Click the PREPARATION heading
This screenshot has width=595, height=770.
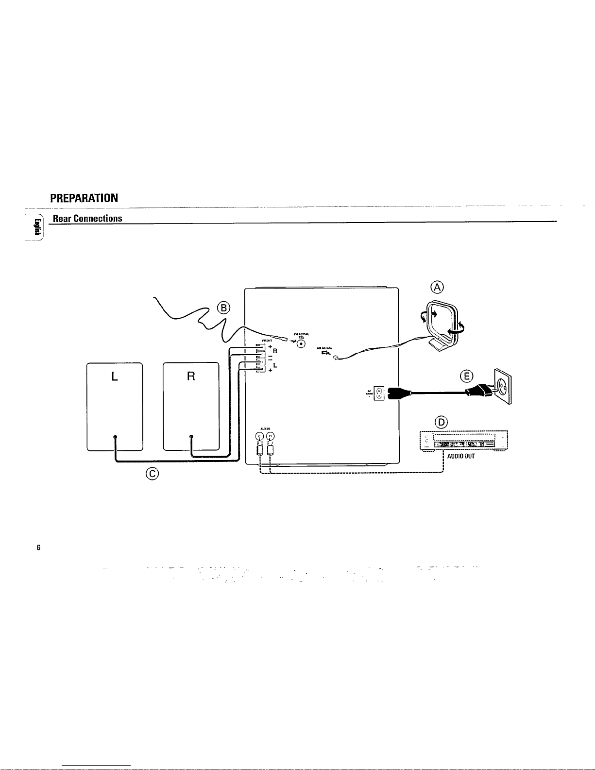click(x=84, y=198)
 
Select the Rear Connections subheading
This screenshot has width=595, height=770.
click(x=87, y=218)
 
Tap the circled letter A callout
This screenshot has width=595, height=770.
click(x=437, y=287)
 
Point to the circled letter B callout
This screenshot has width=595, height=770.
click(x=224, y=308)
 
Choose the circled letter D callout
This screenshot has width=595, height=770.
click(x=442, y=422)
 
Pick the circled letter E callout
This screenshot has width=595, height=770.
click(x=467, y=376)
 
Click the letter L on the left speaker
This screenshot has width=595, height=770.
click(x=115, y=376)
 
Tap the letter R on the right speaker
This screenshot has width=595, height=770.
click(x=191, y=376)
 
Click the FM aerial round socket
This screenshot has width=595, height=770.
click(x=302, y=344)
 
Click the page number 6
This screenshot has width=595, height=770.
click(x=38, y=548)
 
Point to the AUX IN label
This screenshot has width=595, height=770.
click(x=265, y=428)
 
